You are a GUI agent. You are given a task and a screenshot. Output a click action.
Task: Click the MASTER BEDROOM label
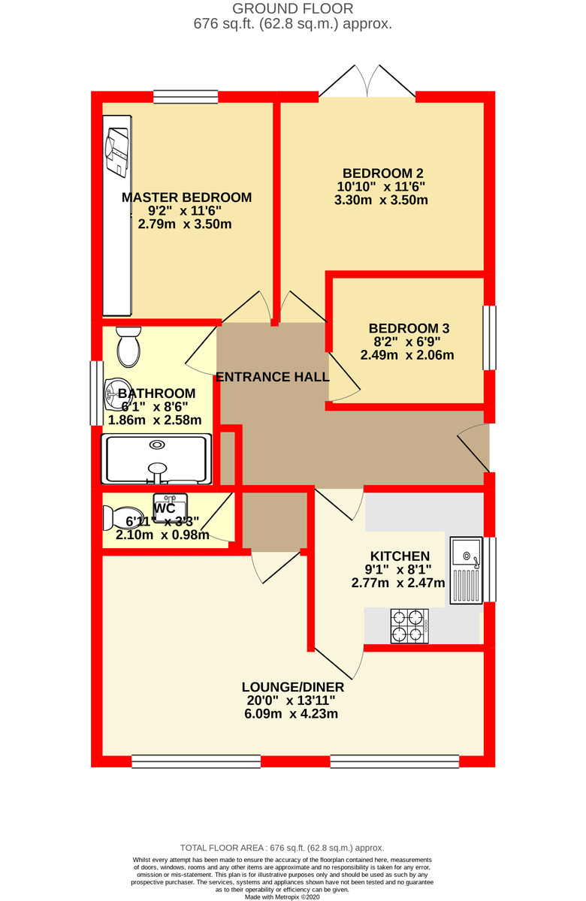pos(186,197)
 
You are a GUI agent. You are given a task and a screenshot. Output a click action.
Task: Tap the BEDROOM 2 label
pos(384,172)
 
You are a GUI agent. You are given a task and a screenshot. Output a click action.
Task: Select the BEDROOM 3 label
pos(409,328)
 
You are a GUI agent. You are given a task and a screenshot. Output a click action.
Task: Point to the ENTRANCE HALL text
pos(272,377)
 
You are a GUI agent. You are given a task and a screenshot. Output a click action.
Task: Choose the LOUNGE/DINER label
pos(292,687)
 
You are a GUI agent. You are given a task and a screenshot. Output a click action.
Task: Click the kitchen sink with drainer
pos(466,571)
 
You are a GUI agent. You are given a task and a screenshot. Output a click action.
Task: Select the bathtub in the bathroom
pos(156,459)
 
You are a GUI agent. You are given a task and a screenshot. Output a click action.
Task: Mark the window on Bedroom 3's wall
pos(489,337)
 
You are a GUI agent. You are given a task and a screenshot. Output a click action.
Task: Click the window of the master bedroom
pos(186,96)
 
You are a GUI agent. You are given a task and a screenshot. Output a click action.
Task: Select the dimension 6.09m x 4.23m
pos(292,714)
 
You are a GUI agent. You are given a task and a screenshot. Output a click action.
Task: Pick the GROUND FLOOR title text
pos(292,9)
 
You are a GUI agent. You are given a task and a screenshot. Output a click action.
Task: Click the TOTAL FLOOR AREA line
pos(292,847)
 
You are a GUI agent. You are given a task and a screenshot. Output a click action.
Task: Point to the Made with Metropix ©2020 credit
pos(292,896)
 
